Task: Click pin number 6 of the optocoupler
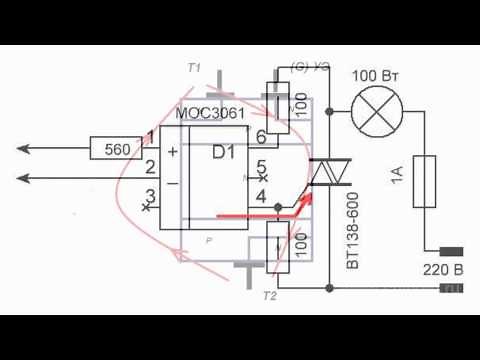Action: [261, 137]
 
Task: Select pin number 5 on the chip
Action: [261, 166]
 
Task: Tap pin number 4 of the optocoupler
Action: [261, 197]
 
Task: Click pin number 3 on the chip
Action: [150, 197]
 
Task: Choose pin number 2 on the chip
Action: [150, 166]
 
